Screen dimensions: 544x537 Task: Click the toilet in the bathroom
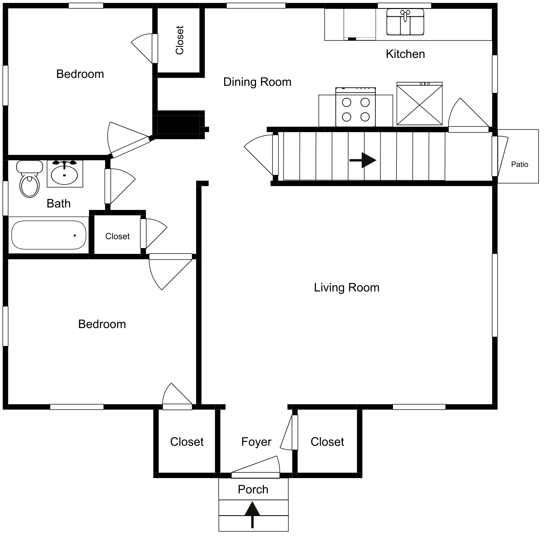point(29,179)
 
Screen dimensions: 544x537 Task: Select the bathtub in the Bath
point(49,235)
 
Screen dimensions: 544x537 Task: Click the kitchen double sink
point(405,22)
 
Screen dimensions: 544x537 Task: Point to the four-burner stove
point(356,107)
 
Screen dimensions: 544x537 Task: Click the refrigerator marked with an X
point(419,103)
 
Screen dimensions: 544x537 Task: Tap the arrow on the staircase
point(363,160)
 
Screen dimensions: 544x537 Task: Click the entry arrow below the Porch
point(253,515)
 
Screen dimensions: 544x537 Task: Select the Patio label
point(520,164)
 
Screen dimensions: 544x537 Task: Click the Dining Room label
point(257,82)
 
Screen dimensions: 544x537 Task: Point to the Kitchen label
point(405,54)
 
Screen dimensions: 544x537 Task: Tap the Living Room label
point(347,287)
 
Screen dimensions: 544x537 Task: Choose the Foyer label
point(256,442)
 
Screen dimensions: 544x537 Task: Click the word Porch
point(253,489)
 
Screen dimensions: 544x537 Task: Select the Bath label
point(59,203)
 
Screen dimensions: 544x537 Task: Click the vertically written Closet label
point(179,40)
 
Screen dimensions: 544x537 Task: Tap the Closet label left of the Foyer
point(187,442)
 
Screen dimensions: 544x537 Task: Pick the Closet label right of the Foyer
point(327,442)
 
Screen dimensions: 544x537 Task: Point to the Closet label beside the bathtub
point(117,236)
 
